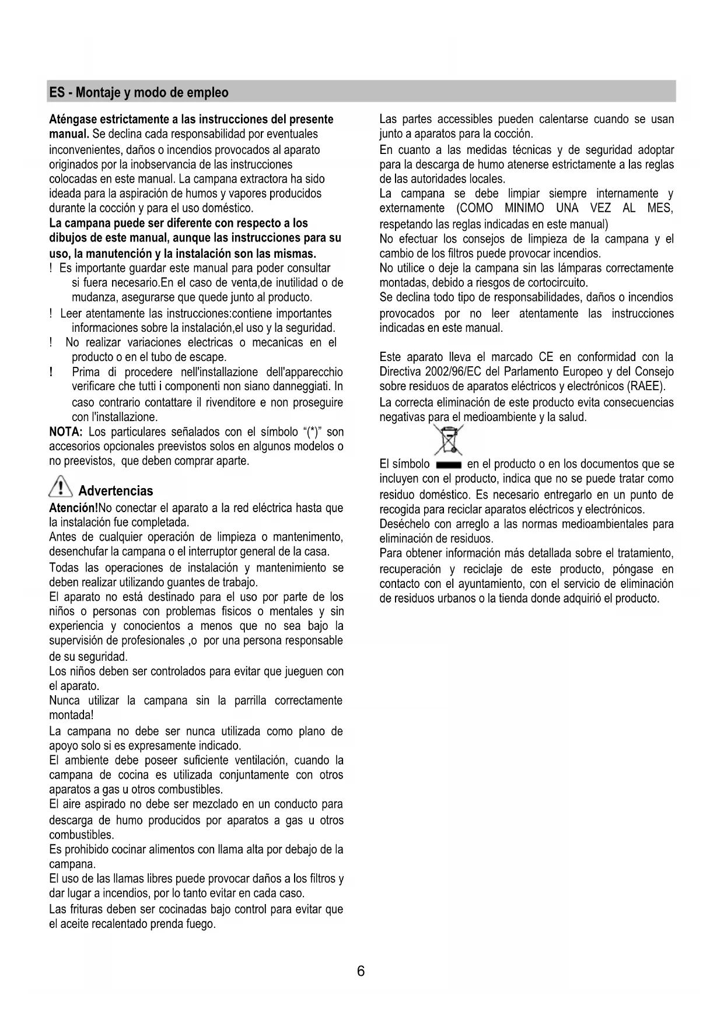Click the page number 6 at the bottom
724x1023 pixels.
[361, 972]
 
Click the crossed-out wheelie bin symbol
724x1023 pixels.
[448, 440]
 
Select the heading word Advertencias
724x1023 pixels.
[116, 491]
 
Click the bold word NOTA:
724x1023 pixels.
[66, 432]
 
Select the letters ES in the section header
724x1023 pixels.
[57, 93]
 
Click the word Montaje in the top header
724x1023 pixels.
[96, 93]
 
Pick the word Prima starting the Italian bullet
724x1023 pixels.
[86, 372]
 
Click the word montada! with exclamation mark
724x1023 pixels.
[71, 715]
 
